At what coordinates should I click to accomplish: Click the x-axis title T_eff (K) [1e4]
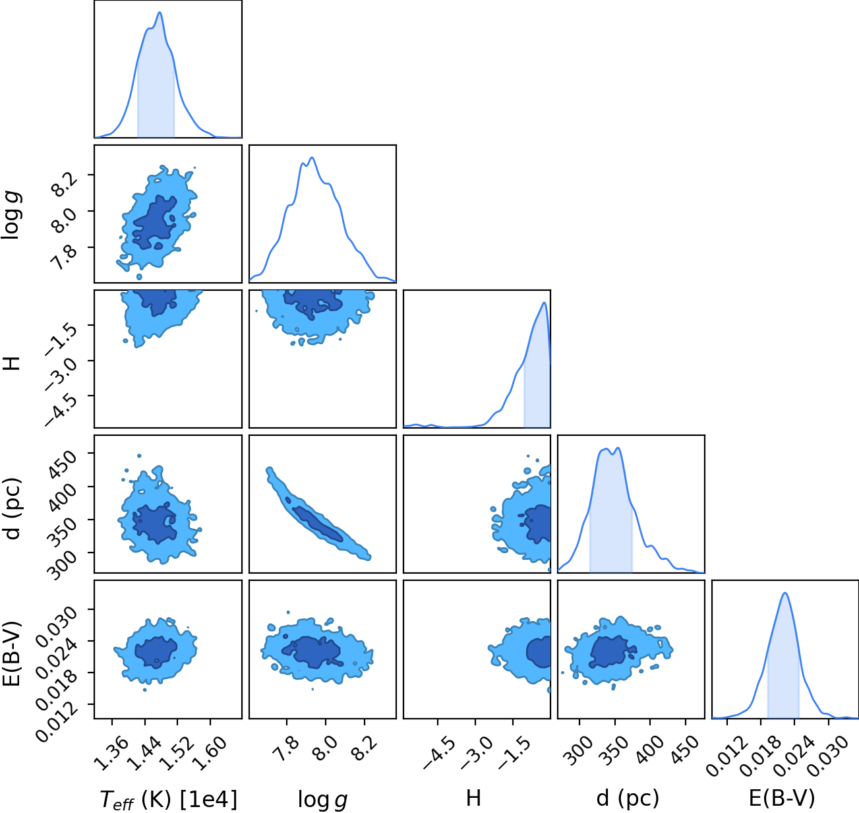coord(168,799)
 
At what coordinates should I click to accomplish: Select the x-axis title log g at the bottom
coord(322,800)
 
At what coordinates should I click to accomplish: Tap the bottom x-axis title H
coord(473,798)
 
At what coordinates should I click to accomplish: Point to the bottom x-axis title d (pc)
coord(628,798)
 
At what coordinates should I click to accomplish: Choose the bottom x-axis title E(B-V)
coord(782,798)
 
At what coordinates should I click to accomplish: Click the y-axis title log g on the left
coord(11,214)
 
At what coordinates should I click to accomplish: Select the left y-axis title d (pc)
coord(11,509)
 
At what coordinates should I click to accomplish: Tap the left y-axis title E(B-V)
coord(11,653)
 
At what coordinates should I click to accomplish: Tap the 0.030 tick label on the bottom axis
coord(827,756)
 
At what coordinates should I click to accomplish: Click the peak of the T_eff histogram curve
coord(160,13)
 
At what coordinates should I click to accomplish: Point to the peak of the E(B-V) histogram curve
coord(785,593)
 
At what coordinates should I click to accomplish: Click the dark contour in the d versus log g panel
coord(317,524)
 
